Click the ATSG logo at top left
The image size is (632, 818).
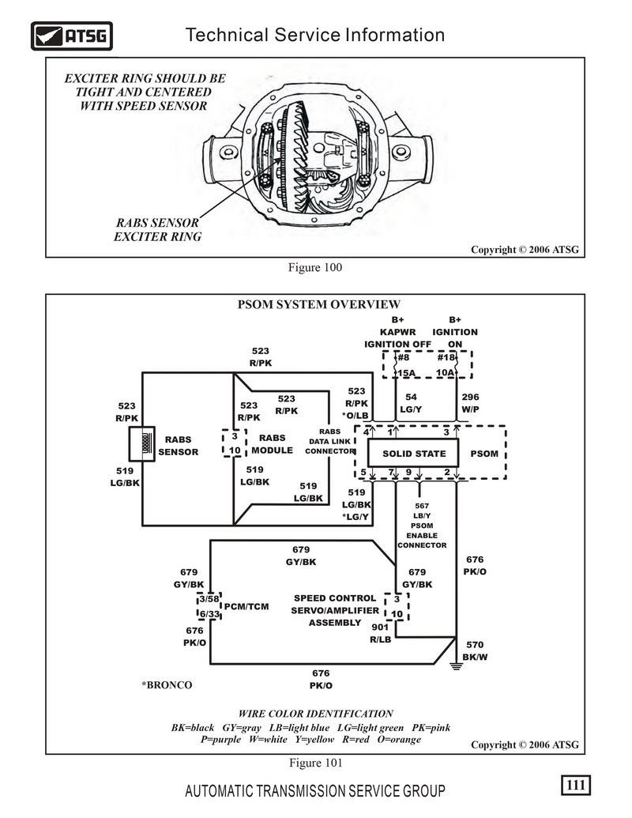(71, 36)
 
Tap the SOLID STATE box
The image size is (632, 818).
(413, 453)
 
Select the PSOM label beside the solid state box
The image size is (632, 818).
(484, 454)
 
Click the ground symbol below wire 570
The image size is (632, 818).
(457, 665)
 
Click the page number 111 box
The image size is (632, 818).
(576, 785)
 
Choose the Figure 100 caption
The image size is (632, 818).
(315, 268)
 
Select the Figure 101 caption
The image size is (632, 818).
(315, 763)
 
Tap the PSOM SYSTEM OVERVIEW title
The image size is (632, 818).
(319, 304)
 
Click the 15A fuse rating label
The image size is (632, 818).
(406, 373)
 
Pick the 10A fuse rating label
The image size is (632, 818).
(445, 372)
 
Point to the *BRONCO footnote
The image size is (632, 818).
(167, 685)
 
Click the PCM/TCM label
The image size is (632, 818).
(246, 607)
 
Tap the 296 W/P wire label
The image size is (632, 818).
(470, 403)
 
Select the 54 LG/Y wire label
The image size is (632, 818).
(411, 403)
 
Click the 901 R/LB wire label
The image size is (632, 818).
(381, 633)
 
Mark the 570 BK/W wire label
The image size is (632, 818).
(475, 651)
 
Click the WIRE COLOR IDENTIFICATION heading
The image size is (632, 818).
(315, 714)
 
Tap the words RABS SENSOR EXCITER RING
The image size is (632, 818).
(157, 229)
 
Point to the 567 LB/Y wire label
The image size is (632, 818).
(422, 511)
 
